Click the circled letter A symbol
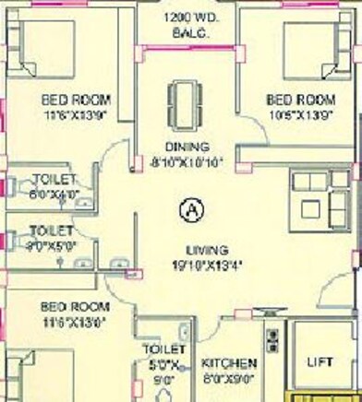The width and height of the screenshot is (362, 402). click(x=192, y=210)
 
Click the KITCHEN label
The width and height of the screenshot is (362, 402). click(x=229, y=362)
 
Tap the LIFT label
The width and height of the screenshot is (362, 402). click(x=319, y=362)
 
